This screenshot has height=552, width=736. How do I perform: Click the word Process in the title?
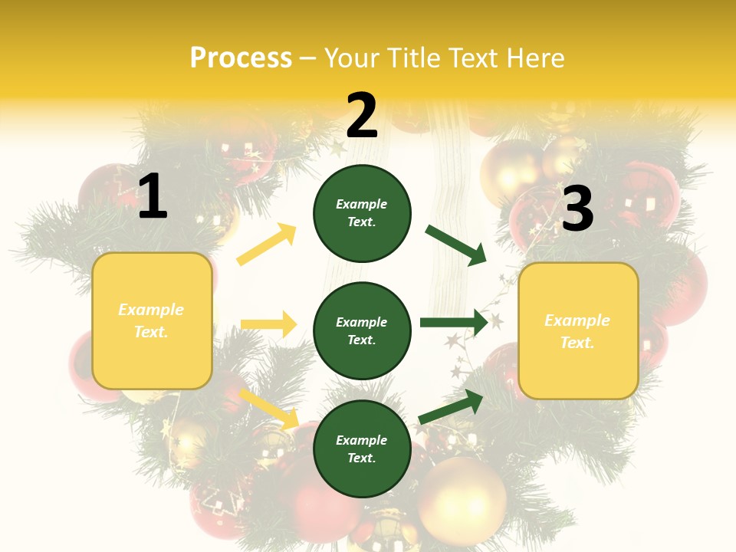(241, 58)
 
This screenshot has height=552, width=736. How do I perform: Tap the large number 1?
(153, 197)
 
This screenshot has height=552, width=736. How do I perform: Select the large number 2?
(362, 116)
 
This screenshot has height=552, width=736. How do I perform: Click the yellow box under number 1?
(152, 320)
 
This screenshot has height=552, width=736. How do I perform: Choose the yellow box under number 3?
(578, 330)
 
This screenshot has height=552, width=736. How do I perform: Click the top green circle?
(362, 213)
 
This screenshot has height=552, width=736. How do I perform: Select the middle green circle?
(362, 330)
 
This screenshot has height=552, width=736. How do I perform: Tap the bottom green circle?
(362, 449)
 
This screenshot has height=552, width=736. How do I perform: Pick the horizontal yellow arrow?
(268, 324)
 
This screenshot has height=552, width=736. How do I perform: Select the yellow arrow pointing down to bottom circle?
(268, 409)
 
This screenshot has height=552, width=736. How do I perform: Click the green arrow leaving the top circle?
(455, 245)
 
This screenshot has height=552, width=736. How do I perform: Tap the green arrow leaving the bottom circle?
(452, 406)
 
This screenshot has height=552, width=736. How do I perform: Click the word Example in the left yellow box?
(151, 310)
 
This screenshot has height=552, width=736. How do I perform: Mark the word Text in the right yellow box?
(577, 343)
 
